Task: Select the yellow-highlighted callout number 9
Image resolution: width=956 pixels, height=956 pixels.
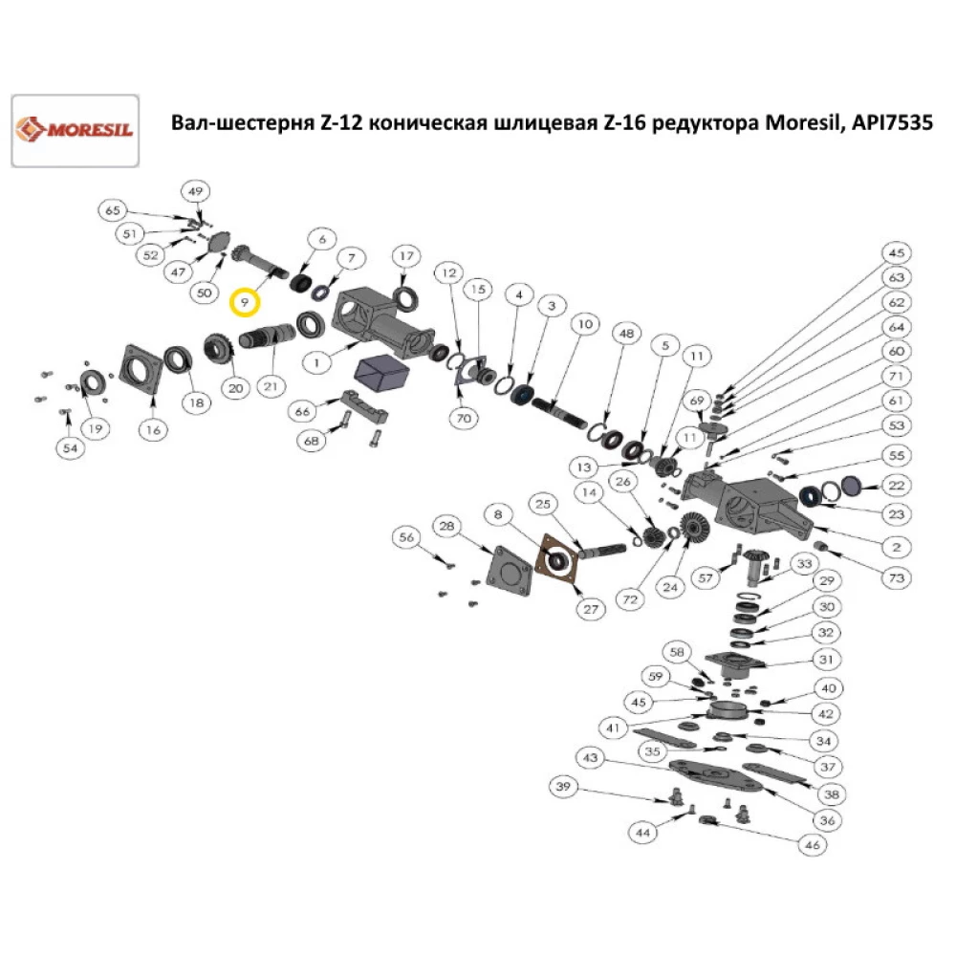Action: pyautogui.click(x=246, y=302)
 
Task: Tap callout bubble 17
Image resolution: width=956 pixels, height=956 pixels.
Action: pyautogui.click(x=406, y=256)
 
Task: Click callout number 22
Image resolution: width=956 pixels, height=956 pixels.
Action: pyautogui.click(x=896, y=485)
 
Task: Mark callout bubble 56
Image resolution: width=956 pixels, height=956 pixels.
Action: pyautogui.click(x=408, y=539)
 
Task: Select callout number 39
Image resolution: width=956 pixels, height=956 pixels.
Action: pyautogui.click(x=563, y=786)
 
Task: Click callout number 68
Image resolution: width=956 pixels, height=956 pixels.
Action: pyautogui.click(x=311, y=442)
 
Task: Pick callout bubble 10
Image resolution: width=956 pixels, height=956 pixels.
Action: pyautogui.click(x=582, y=326)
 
